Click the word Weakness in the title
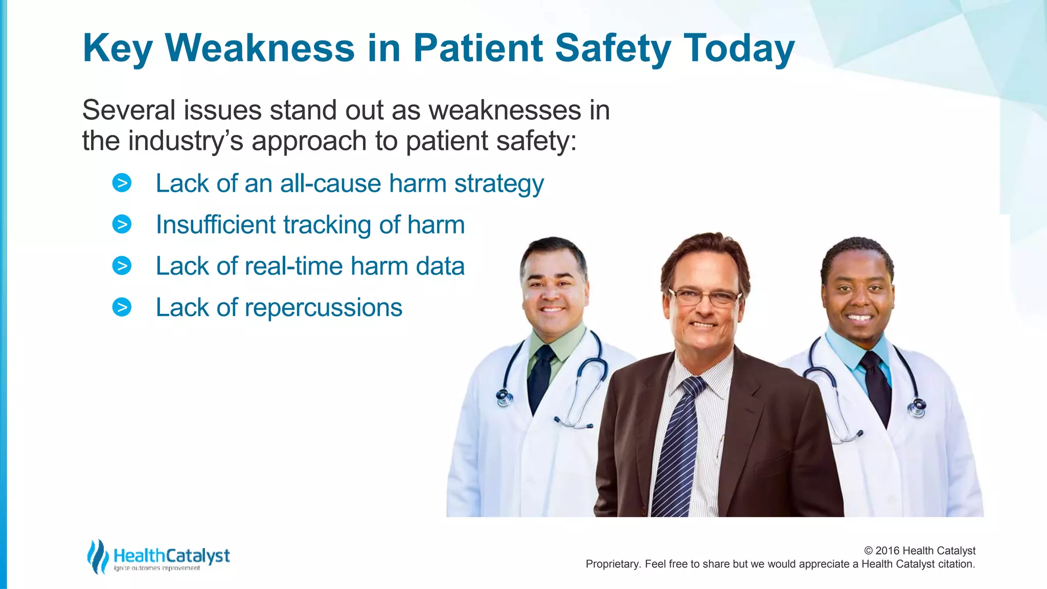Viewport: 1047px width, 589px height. [259, 48]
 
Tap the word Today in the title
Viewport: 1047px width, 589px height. [739, 48]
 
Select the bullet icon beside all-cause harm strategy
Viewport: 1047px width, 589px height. [122, 183]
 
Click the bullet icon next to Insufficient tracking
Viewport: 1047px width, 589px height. [122, 224]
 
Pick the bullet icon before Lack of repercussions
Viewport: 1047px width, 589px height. [122, 307]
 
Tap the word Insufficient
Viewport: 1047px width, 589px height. [215, 225]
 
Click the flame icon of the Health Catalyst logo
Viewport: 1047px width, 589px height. [98, 556]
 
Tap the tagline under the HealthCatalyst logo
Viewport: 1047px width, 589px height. [157, 568]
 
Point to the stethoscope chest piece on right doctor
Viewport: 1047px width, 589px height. [917, 407]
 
